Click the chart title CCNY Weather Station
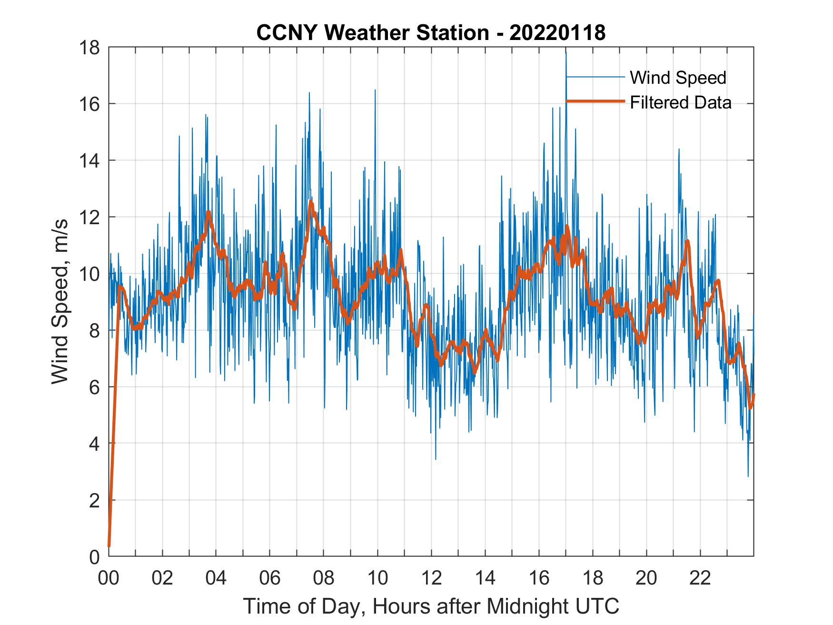coord(372,33)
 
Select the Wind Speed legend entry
coord(678,78)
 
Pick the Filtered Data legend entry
coord(680,102)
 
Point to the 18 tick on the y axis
coord(90,48)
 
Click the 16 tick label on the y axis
coord(90,104)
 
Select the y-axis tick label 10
coord(90,274)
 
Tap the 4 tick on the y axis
coord(95,444)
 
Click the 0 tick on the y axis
coord(95,556)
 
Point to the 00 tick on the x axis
coord(109,578)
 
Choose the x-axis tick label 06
coord(270,578)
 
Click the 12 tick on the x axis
coord(431,578)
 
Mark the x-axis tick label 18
coord(593,578)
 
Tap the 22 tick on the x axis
coord(700,578)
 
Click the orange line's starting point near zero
coord(109,546)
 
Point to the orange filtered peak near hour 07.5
coord(311,202)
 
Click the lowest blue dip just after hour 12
coord(436,459)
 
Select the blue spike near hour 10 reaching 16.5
coord(375,90)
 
